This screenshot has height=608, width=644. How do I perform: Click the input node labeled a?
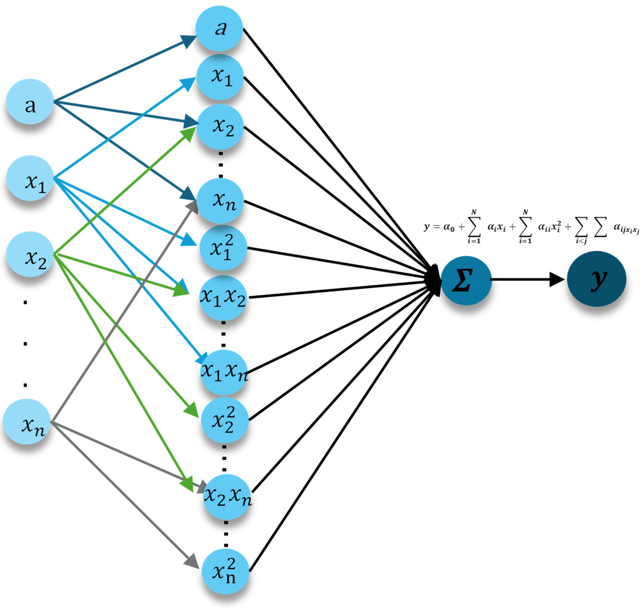[30, 101]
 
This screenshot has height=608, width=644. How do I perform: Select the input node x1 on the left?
[30, 178]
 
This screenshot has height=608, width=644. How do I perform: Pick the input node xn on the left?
[27, 421]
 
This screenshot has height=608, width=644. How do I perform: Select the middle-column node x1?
[220, 77]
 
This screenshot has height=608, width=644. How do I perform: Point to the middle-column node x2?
[220, 127]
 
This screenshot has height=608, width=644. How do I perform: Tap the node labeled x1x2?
[223, 297]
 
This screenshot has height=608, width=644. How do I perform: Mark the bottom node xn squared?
[225, 572]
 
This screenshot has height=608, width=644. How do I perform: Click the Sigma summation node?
[466, 281]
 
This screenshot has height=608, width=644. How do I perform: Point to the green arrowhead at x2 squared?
[191, 409]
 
